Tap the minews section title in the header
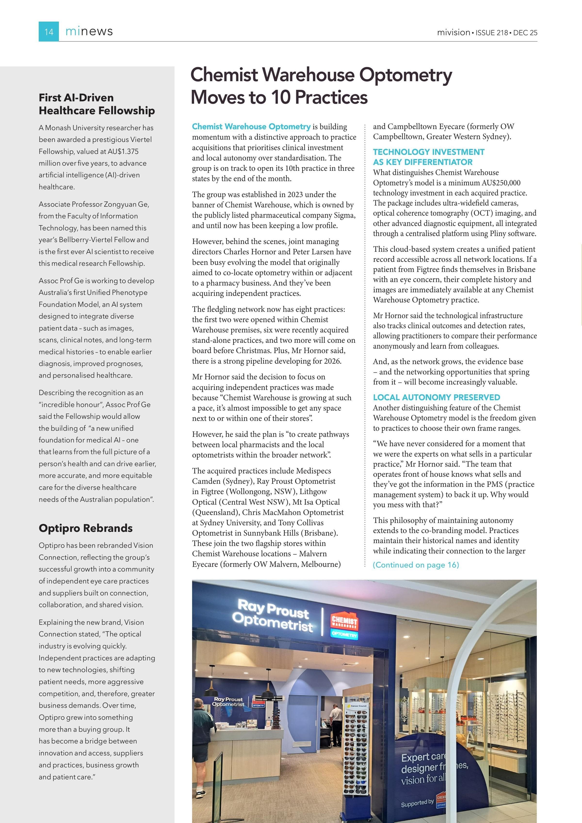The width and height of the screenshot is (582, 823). [89, 32]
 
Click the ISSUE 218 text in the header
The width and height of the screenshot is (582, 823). [492, 33]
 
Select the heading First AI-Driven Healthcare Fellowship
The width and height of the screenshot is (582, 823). [97, 104]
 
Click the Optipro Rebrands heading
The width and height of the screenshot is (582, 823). [86, 528]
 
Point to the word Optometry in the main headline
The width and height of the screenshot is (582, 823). [405, 75]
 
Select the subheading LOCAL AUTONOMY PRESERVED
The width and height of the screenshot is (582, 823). [436, 397]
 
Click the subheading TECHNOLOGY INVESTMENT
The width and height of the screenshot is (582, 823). [428, 152]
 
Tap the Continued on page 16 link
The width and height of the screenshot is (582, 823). [416, 565]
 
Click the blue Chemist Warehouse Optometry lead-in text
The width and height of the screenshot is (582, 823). [251, 127]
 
